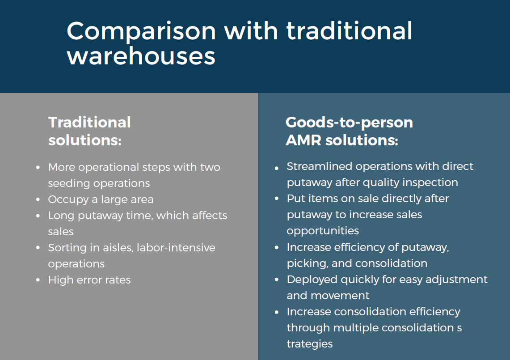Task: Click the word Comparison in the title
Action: pyautogui.click(x=141, y=31)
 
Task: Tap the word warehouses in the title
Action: pyautogui.click(x=141, y=57)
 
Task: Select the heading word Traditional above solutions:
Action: pyautogui.click(x=89, y=122)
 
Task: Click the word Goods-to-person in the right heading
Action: pyautogui.click(x=349, y=122)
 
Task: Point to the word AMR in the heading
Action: pyautogui.click(x=303, y=140)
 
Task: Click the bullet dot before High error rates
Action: pyautogui.click(x=38, y=280)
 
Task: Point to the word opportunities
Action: pyautogui.click(x=323, y=231)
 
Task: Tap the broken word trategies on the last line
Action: pyautogui.click(x=309, y=343)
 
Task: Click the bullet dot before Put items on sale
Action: pyautogui.click(x=277, y=199)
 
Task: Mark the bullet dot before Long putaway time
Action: pyautogui.click(x=38, y=216)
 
